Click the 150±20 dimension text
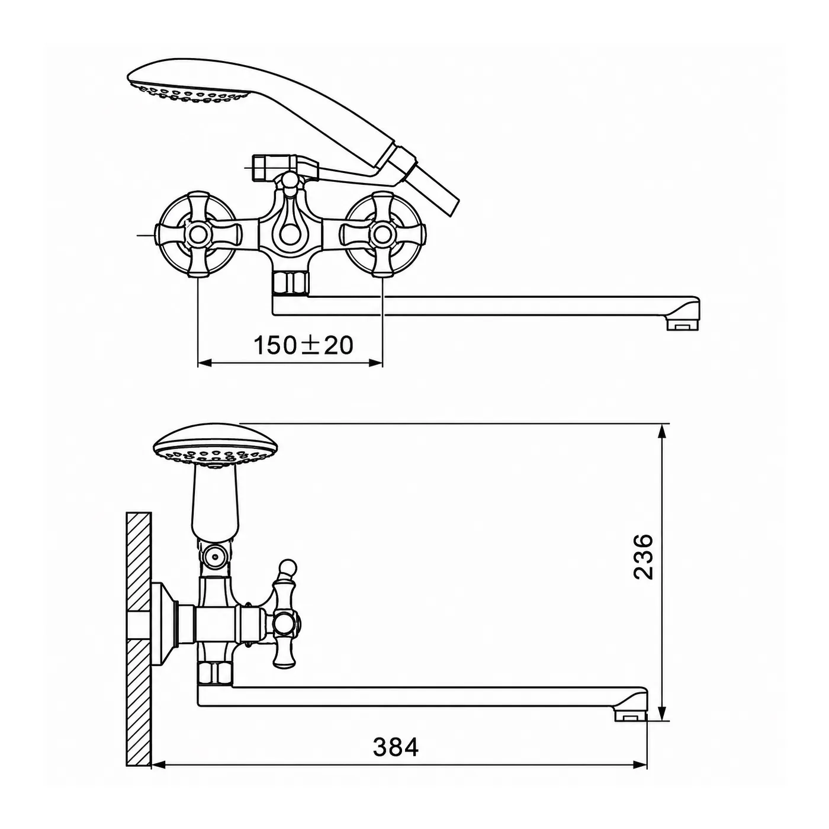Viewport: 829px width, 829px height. (303, 345)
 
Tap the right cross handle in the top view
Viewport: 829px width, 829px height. (382, 234)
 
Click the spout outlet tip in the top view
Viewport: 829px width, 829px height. (685, 326)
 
